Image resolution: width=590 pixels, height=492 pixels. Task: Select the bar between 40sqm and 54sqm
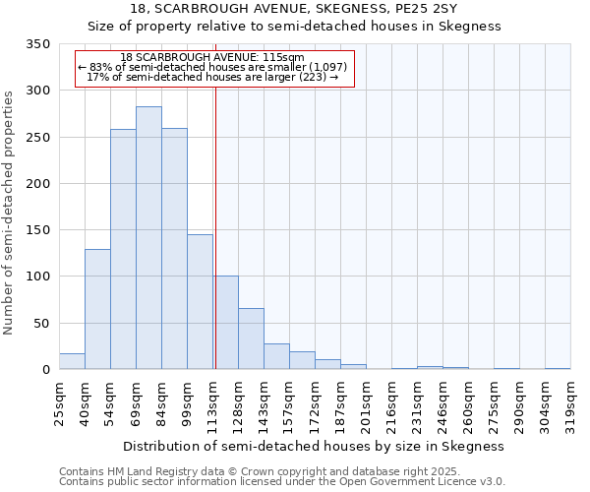[97, 309]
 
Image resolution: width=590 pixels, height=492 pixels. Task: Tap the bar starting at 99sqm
[200, 302]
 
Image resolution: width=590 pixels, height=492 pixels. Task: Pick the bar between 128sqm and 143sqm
[251, 338]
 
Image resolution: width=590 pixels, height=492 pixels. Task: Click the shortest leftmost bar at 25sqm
[72, 361]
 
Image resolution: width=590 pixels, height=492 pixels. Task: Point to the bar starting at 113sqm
[225, 323]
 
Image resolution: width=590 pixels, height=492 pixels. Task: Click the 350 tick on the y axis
[38, 44]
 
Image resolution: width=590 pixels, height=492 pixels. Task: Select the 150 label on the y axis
[38, 230]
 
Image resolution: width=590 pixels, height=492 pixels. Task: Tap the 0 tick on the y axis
[44, 370]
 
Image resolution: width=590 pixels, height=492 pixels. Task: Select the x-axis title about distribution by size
[315, 446]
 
